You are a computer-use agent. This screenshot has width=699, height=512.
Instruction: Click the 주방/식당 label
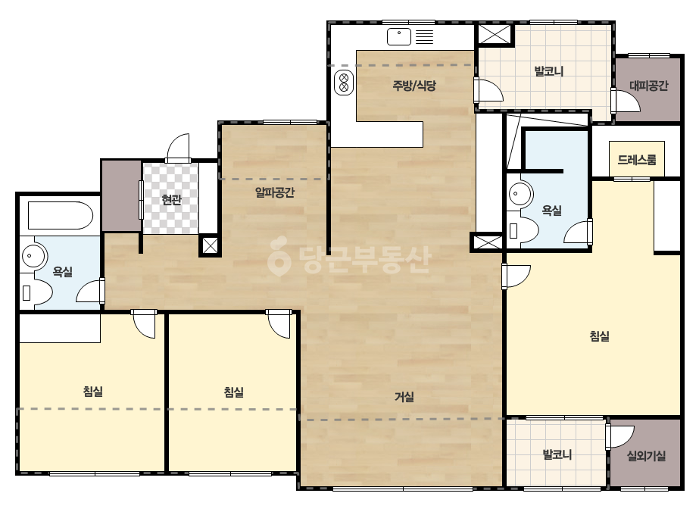pyautogui.click(x=414, y=86)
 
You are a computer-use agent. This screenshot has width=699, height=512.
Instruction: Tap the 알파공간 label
pyautogui.click(x=275, y=192)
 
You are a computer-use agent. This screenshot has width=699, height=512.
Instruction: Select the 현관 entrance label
pyautogui.click(x=172, y=199)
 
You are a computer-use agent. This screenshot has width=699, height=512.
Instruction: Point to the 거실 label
pyautogui.click(x=404, y=396)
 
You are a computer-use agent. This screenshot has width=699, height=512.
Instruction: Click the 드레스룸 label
pyautogui.click(x=637, y=159)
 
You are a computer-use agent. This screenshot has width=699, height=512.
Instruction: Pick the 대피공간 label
pyautogui.click(x=648, y=85)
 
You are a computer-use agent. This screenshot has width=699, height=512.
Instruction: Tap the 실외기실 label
pyautogui.click(x=647, y=455)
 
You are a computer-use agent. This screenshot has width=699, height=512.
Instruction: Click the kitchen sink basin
pyautogui.click(x=399, y=36)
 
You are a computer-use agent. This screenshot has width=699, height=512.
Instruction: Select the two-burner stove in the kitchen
pyautogui.click(x=344, y=83)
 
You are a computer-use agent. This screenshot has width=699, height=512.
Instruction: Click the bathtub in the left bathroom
pyautogui.click(x=60, y=215)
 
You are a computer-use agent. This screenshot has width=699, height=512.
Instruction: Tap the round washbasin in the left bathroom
pyautogui.click(x=33, y=255)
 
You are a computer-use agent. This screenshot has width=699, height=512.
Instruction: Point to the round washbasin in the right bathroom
pyautogui.click(x=520, y=194)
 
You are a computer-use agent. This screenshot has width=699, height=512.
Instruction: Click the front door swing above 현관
pyautogui.click(x=178, y=148)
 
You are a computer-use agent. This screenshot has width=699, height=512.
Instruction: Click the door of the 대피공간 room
pyautogui.click(x=626, y=100)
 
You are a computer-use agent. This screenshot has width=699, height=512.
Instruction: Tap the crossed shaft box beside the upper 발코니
pyautogui.click(x=495, y=34)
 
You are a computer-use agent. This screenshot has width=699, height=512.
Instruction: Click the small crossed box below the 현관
pyautogui.click(x=210, y=245)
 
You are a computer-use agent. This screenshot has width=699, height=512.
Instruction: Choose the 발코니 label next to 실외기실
pyautogui.click(x=557, y=454)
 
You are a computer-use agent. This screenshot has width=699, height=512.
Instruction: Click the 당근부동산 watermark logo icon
pyautogui.click(x=279, y=257)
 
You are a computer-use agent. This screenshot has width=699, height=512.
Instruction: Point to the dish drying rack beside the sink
pyautogui.click(x=424, y=36)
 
